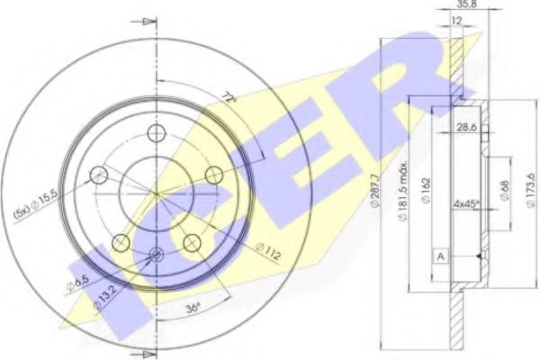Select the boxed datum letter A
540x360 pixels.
point(440,256)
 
